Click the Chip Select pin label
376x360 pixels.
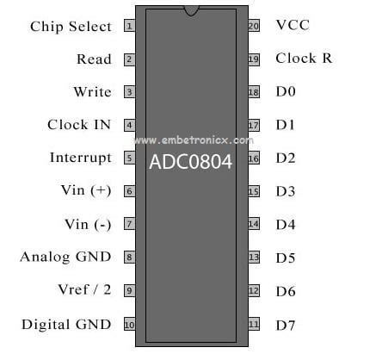71,26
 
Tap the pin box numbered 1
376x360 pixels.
129,26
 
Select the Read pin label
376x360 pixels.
94,59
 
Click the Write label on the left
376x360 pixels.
92,92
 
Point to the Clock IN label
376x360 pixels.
79,125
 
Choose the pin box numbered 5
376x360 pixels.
129,158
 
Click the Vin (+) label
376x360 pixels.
86,190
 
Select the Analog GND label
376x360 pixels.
65,257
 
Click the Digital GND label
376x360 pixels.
66,325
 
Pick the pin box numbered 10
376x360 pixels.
129,325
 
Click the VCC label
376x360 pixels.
293,25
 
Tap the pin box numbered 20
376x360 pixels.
254,26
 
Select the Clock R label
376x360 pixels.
304,59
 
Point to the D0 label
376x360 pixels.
286,92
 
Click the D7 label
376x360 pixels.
286,325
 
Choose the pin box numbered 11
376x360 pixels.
254,325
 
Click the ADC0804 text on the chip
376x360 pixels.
191,162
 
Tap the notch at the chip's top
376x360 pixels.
191,10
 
